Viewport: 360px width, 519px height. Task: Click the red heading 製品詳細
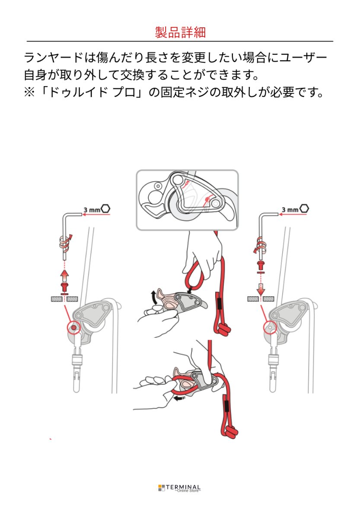coord(180,32)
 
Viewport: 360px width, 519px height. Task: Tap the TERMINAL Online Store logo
coord(179,488)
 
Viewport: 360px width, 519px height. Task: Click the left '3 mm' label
coord(92,209)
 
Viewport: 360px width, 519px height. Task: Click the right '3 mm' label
coord(290,209)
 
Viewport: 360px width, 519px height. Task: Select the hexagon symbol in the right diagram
coord(304,209)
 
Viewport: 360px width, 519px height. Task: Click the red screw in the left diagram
coord(64,287)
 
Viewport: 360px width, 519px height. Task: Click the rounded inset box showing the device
coord(187,200)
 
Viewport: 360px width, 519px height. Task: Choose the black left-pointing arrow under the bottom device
coord(178,398)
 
